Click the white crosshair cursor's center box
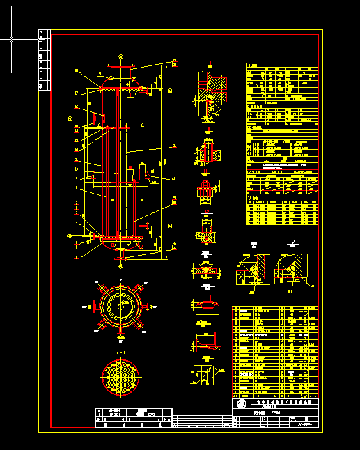coord(11,40)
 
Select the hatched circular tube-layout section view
coord(121,378)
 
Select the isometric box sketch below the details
coord(205,373)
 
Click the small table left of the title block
coord(132,416)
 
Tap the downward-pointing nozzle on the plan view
coord(121,336)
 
